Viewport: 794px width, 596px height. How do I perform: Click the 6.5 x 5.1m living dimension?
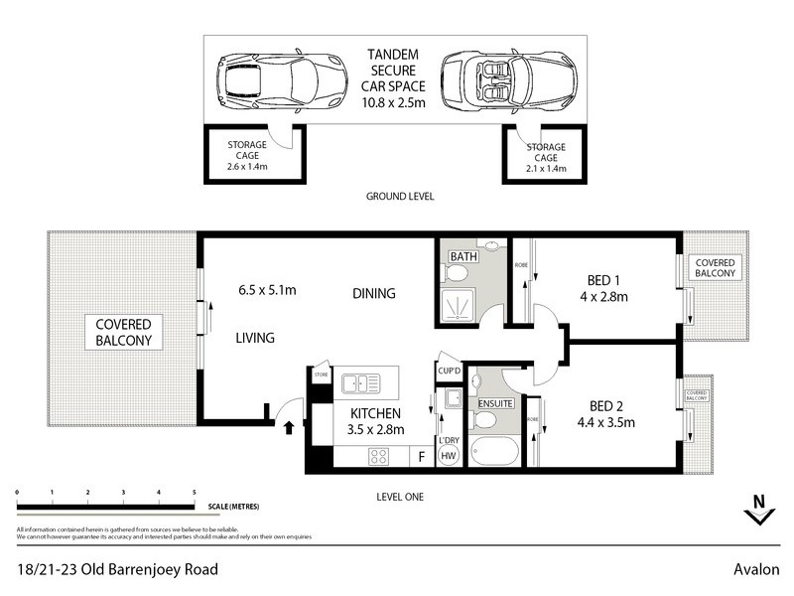coord(267,290)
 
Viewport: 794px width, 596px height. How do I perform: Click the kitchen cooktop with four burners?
coord(378,457)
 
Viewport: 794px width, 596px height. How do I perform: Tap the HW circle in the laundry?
coord(449,457)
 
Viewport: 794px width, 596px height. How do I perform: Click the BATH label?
coord(463,256)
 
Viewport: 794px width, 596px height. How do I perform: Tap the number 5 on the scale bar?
coord(194,492)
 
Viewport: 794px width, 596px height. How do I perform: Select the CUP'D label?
coord(449,371)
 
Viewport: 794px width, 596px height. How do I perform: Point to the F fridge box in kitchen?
coord(422,457)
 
